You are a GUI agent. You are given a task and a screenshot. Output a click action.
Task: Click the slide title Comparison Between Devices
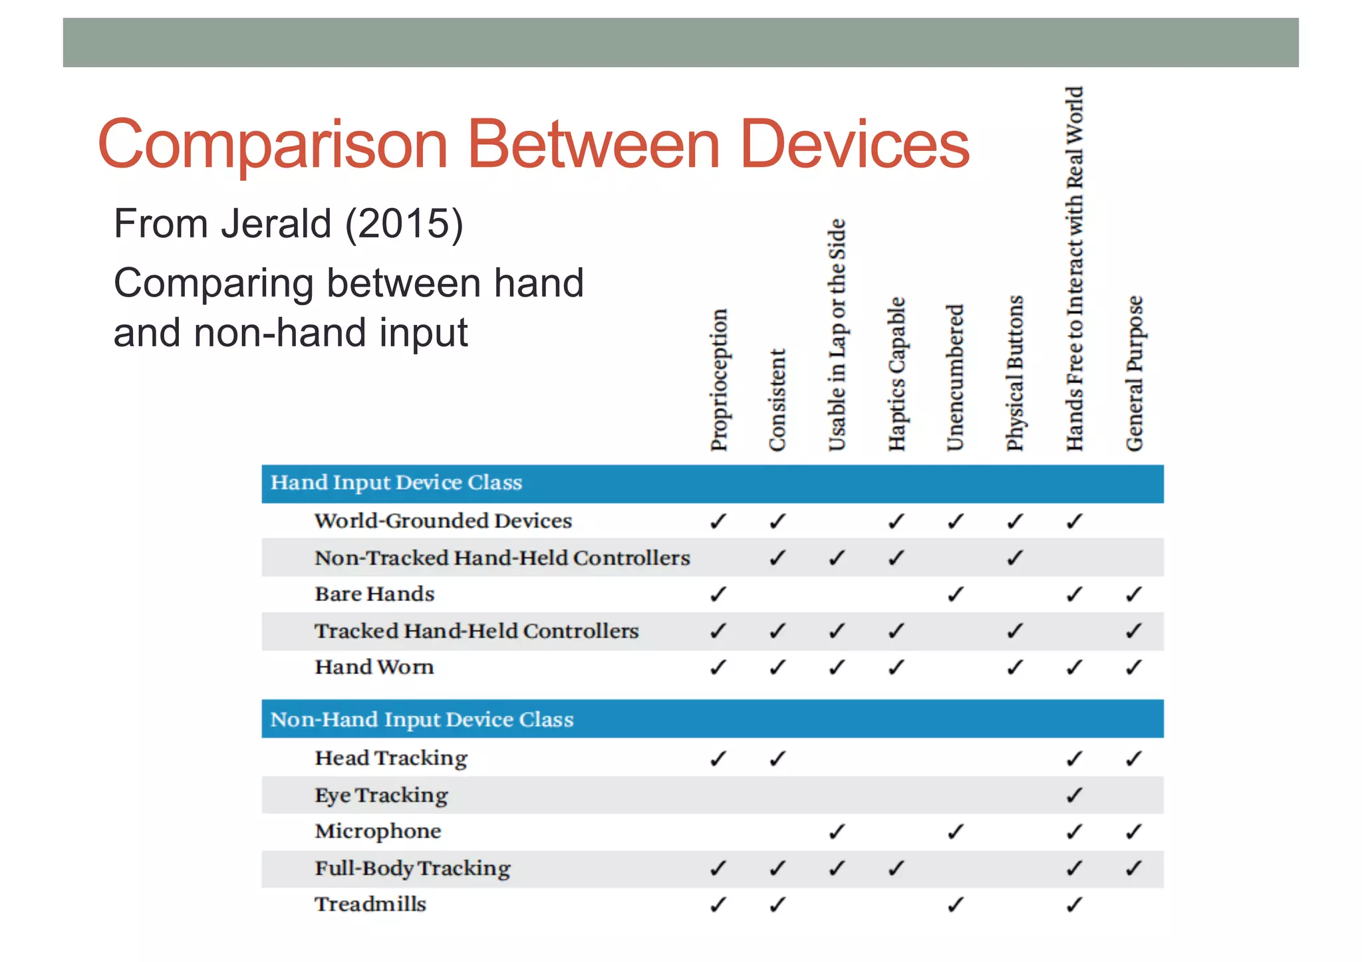pyautogui.click(x=533, y=144)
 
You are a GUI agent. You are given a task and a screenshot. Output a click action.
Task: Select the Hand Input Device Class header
pyautogui.click(x=396, y=483)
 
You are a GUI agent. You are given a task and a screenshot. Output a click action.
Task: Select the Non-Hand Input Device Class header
pyautogui.click(x=422, y=719)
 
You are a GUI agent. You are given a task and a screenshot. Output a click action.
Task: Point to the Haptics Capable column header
pyautogui.click(x=896, y=374)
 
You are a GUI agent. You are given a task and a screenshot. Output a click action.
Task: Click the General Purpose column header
pyautogui.click(x=1135, y=374)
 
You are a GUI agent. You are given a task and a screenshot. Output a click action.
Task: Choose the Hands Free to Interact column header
pyautogui.click(x=1075, y=269)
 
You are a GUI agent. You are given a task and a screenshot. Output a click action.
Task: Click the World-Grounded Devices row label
pyautogui.click(x=443, y=521)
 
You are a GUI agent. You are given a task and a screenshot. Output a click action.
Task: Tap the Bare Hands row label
pyautogui.click(x=374, y=594)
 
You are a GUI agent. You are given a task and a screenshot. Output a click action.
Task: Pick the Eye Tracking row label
pyautogui.click(x=381, y=795)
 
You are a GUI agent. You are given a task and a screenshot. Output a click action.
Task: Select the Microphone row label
pyautogui.click(x=378, y=831)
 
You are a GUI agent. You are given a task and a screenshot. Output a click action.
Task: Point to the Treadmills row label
pyautogui.click(x=370, y=904)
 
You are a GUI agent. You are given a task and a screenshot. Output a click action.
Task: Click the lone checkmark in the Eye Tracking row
pyautogui.click(x=1075, y=795)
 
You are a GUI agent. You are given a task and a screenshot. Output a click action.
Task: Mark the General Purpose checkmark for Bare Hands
pyautogui.click(x=1135, y=594)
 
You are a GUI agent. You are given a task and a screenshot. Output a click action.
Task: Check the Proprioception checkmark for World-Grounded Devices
pyautogui.click(x=718, y=521)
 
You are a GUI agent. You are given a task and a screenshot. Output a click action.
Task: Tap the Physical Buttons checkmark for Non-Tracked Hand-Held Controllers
pyautogui.click(x=1015, y=558)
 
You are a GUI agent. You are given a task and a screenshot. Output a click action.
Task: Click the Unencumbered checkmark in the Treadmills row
pyautogui.click(x=956, y=904)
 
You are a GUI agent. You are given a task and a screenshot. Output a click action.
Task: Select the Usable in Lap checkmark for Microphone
pyautogui.click(x=837, y=832)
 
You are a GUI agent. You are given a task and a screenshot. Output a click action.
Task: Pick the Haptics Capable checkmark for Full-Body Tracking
pyautogui.click(x=896, y=868)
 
